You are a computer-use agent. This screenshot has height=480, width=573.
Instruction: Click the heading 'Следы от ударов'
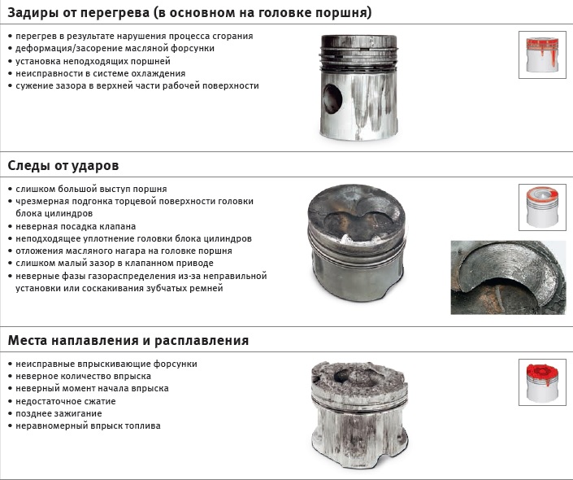click(63, 166)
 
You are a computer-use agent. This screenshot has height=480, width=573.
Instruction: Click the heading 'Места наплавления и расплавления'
click(128, 341)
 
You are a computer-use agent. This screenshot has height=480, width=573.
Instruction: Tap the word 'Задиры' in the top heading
click(32, 13)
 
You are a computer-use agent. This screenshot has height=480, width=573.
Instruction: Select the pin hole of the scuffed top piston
click(332, 98)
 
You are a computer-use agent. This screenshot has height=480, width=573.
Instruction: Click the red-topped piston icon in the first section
click(542, 55)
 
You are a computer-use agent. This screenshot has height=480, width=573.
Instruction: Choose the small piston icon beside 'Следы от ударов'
click(542, 207)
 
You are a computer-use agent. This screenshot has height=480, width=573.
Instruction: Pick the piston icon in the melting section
click(542, 382)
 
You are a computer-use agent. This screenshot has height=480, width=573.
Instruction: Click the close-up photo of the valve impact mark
click(508, 277)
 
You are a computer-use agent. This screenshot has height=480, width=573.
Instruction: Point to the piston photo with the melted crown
click(359, 415)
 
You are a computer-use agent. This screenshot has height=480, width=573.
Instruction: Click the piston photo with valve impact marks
click(357, 242)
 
